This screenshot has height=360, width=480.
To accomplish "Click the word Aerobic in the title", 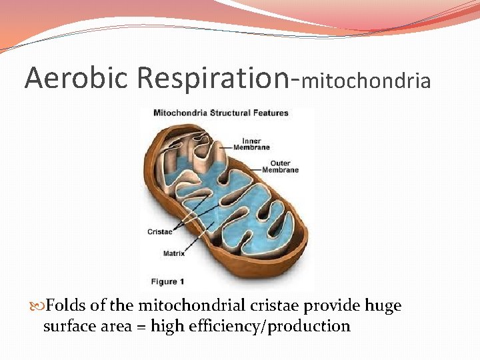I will coord(77,78).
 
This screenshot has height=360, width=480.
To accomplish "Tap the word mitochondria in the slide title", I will coord(366,81).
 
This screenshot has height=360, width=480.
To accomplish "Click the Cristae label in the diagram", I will coord(160,232).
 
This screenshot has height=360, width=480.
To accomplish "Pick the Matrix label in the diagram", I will coord(174,253).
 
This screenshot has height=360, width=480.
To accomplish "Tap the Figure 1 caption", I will coord(168,281).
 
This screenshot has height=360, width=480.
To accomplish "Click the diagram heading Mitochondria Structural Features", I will coord(221,113).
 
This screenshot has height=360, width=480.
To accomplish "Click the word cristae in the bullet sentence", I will coord(276,306).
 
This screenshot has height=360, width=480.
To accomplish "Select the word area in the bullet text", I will coord(117,327).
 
